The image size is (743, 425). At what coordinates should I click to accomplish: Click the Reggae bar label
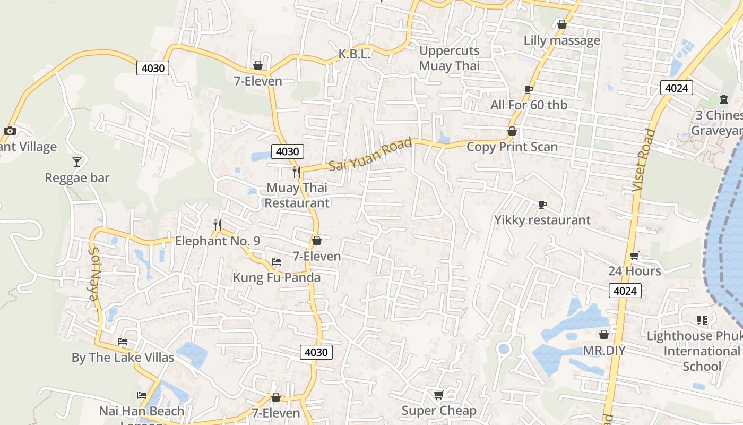77,178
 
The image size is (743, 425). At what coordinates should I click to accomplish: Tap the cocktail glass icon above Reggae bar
77,161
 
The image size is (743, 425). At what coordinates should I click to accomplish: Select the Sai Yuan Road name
370,154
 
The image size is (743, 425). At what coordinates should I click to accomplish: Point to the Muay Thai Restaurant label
297,195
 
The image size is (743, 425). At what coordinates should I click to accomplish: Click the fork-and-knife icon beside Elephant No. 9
217,225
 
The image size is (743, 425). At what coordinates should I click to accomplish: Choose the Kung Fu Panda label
277,277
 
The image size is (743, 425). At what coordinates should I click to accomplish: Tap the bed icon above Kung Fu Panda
276,262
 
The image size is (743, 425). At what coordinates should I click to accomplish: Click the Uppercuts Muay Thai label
449,58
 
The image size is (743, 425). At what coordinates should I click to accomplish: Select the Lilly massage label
562,40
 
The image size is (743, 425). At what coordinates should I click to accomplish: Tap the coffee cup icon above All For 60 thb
528,89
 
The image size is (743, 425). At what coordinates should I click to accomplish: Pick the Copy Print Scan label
512,147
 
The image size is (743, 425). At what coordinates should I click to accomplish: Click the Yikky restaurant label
542,220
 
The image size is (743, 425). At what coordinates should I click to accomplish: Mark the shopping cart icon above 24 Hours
634,256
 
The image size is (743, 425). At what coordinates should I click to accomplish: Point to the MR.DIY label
604,351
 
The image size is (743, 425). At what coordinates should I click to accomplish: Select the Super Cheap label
439,411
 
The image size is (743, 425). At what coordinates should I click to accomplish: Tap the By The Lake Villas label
123,358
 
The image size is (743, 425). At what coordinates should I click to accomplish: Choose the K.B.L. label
354,54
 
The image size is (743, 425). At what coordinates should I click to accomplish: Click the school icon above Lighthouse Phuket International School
702,320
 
